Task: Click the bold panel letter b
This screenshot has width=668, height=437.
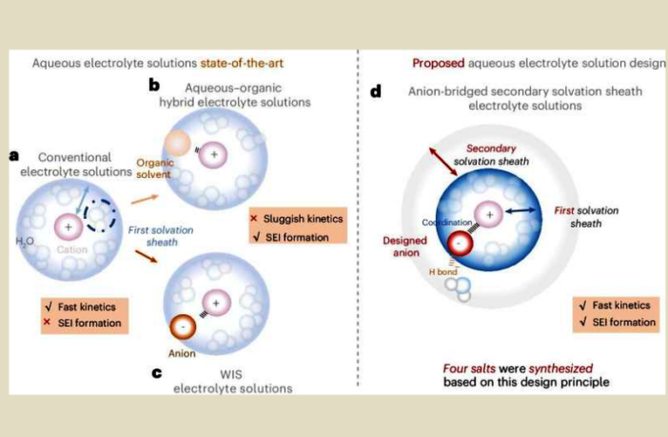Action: [153, 85]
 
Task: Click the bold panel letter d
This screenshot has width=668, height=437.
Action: [376, 93]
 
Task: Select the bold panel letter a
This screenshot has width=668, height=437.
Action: [14, 155]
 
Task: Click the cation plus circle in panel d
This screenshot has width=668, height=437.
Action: [490, 216]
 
